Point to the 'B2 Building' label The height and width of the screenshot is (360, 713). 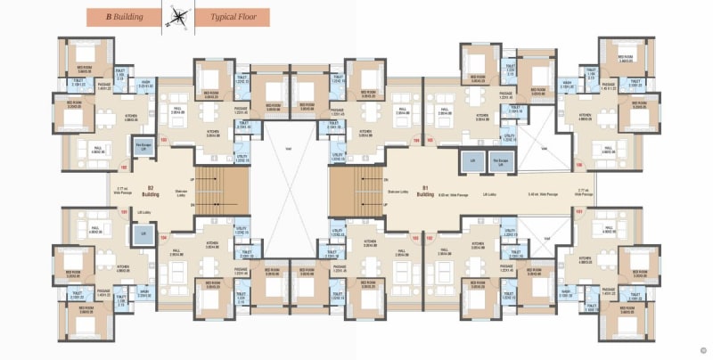pyautogui.click(x=151, y=190)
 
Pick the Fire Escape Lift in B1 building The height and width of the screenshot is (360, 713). pyautogui.click(x=501, y=161)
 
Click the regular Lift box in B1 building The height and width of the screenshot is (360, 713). pyautogui.click(x=467, y=161)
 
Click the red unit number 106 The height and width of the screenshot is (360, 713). pyautogui.click(x=579, y=165)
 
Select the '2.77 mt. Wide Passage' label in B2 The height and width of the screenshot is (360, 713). pyautogui.click(x=123, y=190)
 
